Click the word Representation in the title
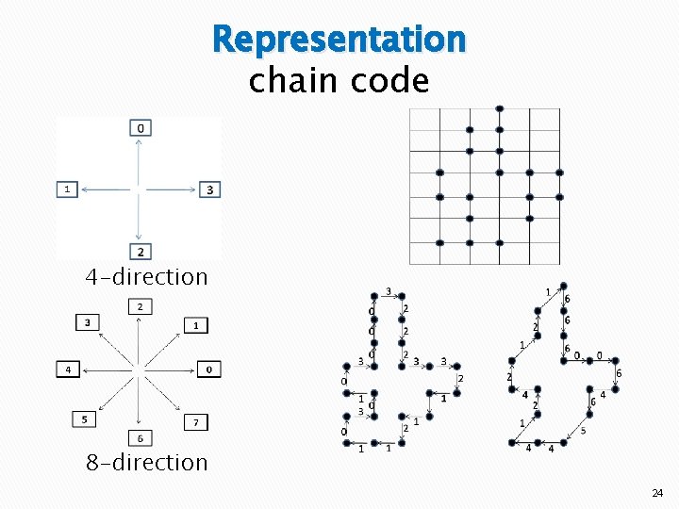(x=339, y=40)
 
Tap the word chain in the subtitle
(x=292, y=81)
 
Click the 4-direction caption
(x=146, y=277)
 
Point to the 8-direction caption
(x=146, y=463)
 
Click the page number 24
(x=656, y=493)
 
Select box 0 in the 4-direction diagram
(x=140, y=127)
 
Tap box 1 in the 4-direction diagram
(x=66, y=189)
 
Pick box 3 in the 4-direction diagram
(x=208, y=189)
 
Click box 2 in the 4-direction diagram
(x=140, y=252)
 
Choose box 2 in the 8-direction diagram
(x=140, y=307)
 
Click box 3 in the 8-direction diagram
(x=88, y=323)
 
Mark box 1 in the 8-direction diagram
(x=195, y=325)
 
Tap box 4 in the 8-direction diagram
(x=67, y=369)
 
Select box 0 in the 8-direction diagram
(x=208, y=369)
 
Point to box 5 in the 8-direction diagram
(x=85, y=419)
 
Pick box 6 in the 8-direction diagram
(x=140, y=438)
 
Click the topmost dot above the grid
(x=500, y=108)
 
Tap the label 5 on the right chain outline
(x=583, y=431)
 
